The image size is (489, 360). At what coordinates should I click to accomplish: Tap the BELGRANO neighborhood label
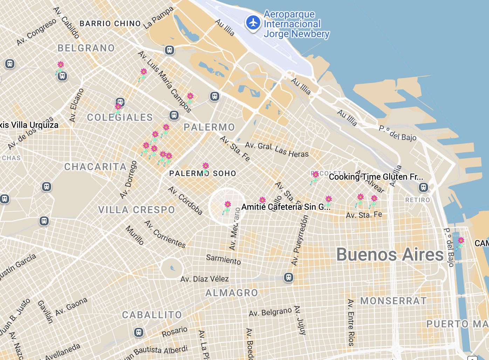(86, 48)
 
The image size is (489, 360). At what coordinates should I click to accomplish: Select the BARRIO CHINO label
(110, 23)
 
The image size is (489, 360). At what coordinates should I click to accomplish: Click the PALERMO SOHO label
(202, 173)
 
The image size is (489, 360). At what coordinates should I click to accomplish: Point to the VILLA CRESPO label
(136, 210)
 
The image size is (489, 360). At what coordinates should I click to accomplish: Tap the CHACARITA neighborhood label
(95, 167)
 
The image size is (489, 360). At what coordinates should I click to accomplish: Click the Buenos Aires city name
(390, 255)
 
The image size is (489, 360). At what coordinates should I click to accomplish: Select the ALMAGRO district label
(232, 293)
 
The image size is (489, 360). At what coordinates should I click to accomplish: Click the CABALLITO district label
(152, 315)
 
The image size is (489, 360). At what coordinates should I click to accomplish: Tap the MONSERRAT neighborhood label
(393, 301)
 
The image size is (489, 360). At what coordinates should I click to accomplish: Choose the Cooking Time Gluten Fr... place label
(376, 177)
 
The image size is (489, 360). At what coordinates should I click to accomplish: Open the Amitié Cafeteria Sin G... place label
(286, 207)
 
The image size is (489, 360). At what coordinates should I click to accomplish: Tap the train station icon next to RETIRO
(423, 187)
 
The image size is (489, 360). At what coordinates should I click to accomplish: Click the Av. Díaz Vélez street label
(205, 279)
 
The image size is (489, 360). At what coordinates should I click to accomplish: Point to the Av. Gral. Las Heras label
(277, 150)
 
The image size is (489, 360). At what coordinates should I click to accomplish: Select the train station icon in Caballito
(139, 332)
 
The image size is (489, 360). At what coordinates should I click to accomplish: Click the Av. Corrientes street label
(165, 234)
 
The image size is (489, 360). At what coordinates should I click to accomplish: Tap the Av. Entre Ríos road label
(351, 323)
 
